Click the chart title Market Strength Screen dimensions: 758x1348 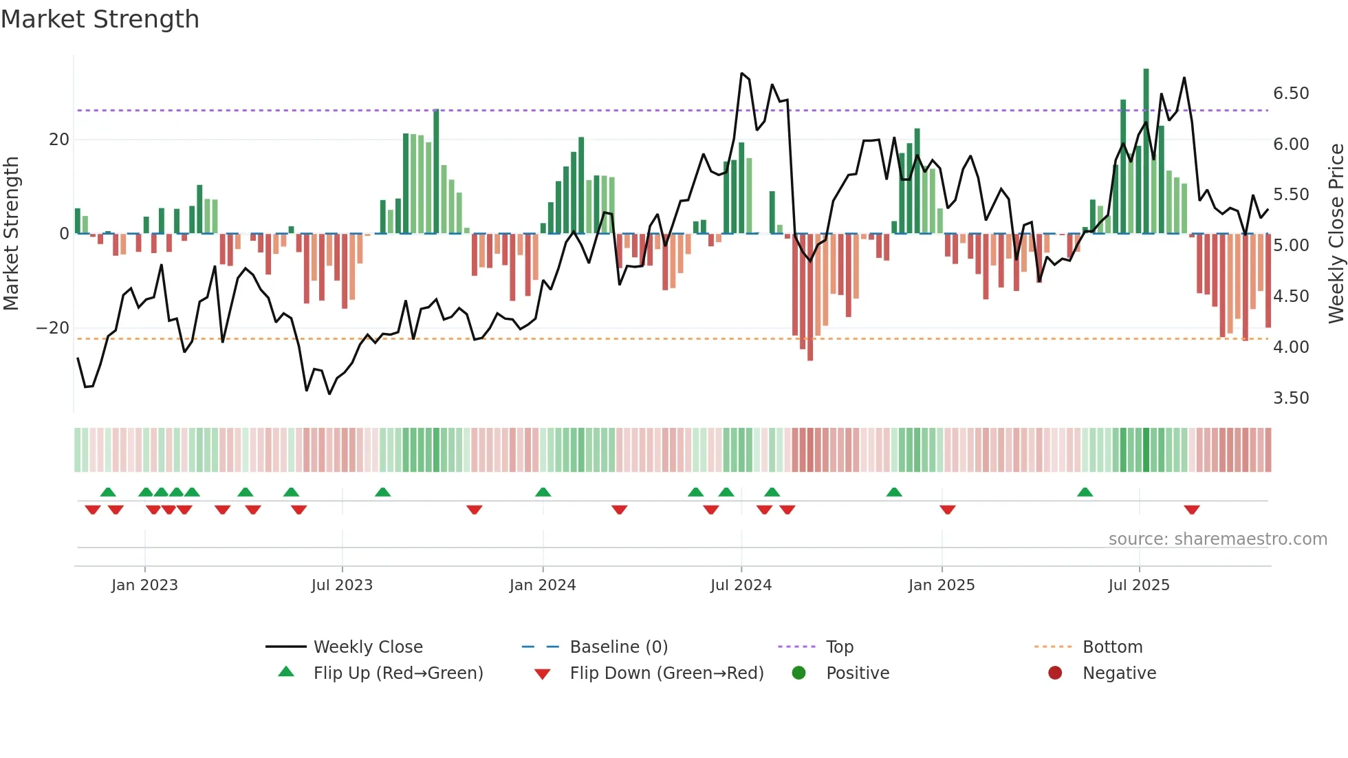click(x=100, y=19)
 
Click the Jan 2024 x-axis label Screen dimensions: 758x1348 click(x=543, y=585)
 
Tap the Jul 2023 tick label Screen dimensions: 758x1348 click(x=342, y=585)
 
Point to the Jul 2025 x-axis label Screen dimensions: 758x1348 click(x=1139, y=585)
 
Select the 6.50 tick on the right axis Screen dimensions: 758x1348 click(x=1291, y=94)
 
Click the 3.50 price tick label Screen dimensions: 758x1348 click(x=1291, y=398)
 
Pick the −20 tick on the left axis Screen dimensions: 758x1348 click(x=53, y=328)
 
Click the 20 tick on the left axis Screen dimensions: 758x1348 click(x=59, y=140)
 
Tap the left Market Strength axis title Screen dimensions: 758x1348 click(x=12, y=234)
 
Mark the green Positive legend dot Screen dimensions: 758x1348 click(x=798, y=673)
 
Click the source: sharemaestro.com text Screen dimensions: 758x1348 click(x=1217, y=539)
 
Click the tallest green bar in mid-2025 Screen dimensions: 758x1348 click(x=1146, y=151)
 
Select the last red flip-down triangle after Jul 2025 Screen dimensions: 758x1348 click(x=1192, y=510)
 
